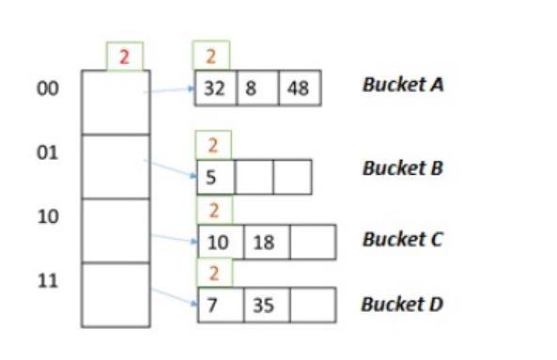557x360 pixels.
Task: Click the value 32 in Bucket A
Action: click(215, 87)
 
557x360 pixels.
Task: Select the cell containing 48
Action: click(300, 87)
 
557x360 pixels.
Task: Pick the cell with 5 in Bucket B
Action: click(215, 176)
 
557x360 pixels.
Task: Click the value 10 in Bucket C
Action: click(218, 242)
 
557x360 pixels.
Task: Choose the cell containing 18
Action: click(265, 242)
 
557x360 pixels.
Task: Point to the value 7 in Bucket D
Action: click(215, 305)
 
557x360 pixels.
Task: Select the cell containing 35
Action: click(265, 305)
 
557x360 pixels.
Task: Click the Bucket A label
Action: click(403, 85)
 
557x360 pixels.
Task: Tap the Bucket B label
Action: click(403, 168)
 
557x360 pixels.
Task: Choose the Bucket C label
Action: click(403, 239)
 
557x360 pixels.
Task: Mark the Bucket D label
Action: click(403, 305)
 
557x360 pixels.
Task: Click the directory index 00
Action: click(48, 88)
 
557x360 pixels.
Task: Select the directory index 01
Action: click(48, 152)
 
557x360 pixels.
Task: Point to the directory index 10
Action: click(48, 216)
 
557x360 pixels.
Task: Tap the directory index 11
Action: click(48, 280)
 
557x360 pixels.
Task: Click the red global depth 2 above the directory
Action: click(124, 56)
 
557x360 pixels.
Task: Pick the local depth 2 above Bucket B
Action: click(213, 145)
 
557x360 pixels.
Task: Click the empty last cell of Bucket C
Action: click(312, 242)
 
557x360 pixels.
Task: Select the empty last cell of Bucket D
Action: click(312, 305)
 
